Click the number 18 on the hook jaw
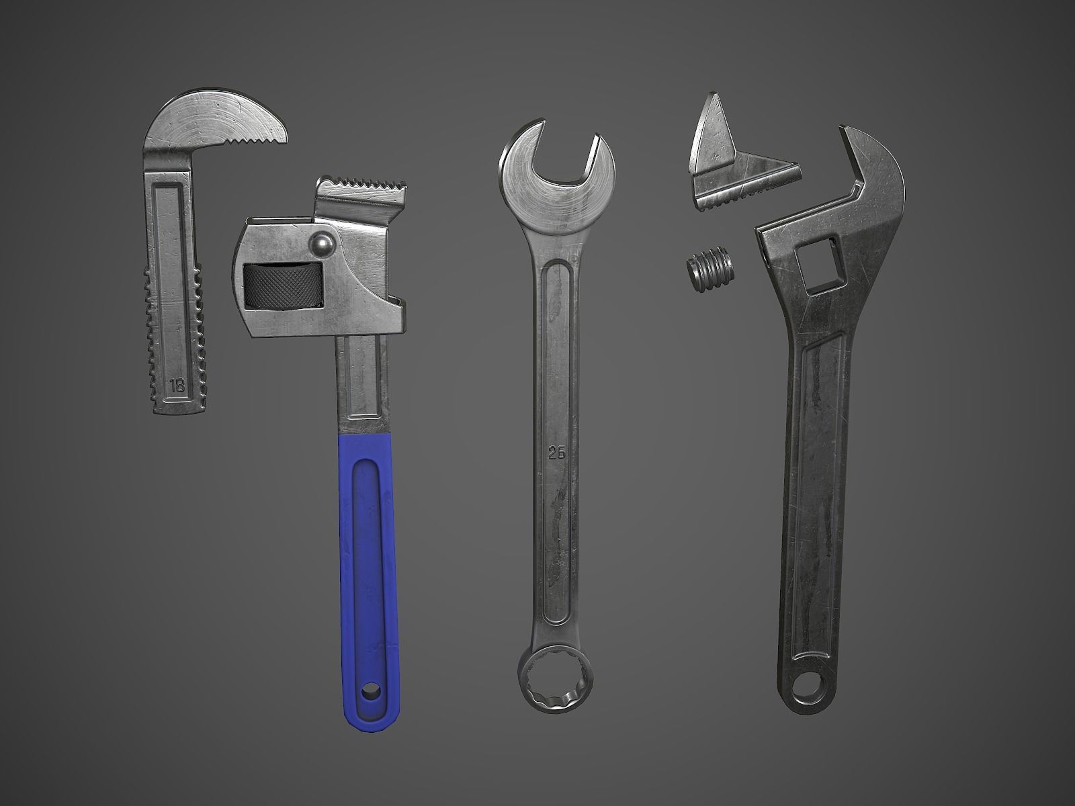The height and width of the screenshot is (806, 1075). pos(177,386)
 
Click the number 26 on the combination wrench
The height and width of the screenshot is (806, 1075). pos(556,453)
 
